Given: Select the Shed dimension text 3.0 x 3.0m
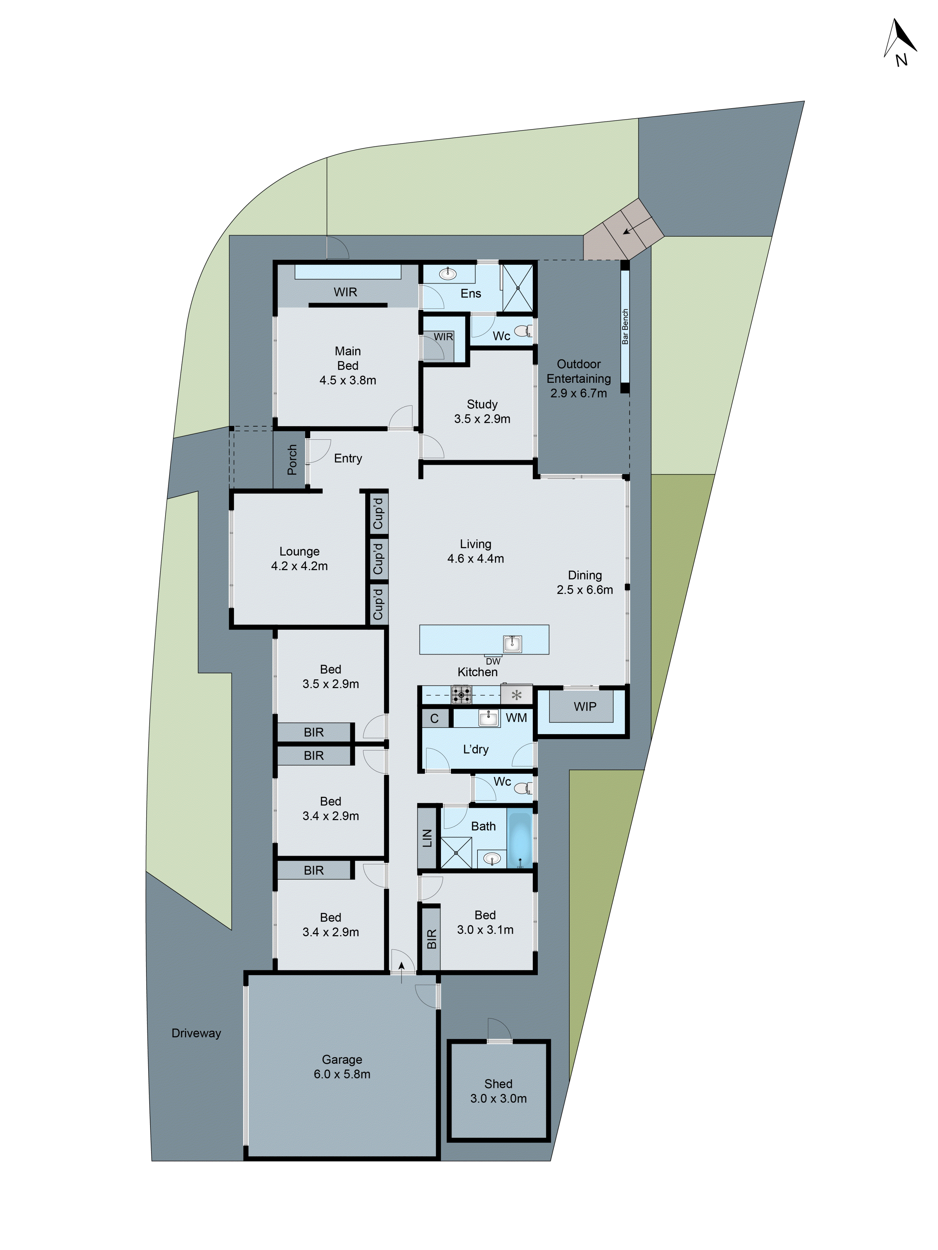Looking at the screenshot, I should click(x=498, y=1098).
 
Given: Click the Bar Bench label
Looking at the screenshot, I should click(x=625, y=327).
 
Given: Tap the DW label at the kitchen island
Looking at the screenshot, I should click(x=493, y=661).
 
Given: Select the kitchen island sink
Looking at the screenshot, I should click(x=512, y=643).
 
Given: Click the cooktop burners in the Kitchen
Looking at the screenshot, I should click(x=461, y=694).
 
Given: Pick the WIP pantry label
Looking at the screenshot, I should click(x=585, y=706).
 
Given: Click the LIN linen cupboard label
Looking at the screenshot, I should click(x=427, y=838).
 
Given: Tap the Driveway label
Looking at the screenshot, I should click(x=196, y=1033).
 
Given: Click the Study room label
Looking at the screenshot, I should click(x=482, y=404).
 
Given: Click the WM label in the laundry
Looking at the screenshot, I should click(x=516, y=718).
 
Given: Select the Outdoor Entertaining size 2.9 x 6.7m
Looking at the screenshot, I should click(x=578, y=393).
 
